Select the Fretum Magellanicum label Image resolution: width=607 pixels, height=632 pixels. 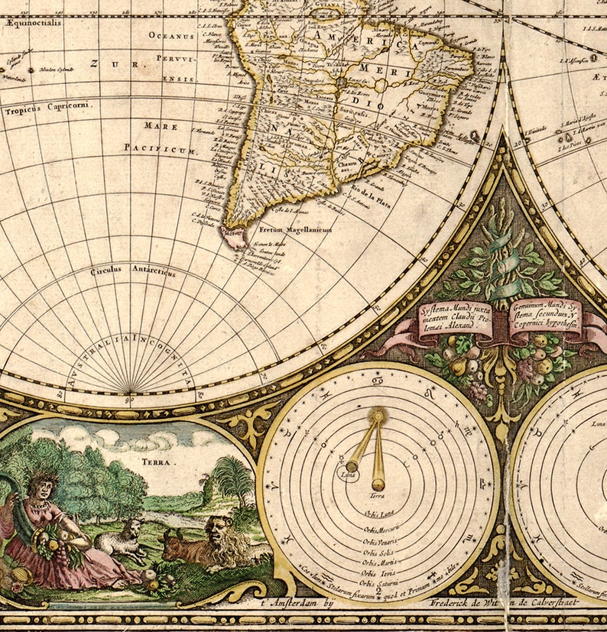tap(294, 228)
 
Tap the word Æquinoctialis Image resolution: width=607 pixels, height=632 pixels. tap(32, 23)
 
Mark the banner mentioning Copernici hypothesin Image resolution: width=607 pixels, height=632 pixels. tap(544, 316)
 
